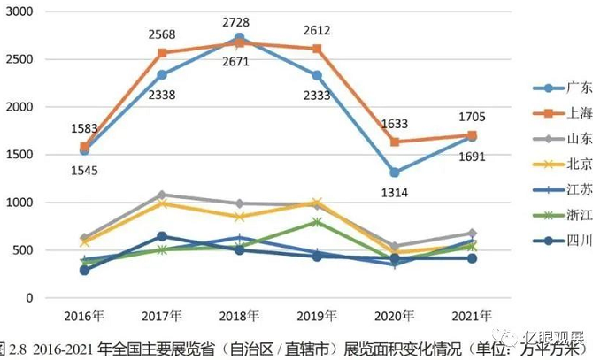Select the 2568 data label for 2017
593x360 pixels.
tap(162, 34)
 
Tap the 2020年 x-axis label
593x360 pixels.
tap(395, 315)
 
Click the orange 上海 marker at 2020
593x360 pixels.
tap(395, 142)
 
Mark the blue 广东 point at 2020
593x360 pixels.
tap(395, 172)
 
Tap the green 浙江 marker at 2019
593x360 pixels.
tap(318, 222)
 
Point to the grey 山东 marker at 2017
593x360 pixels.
tap(162, 195)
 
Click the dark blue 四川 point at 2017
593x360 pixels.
tap(162, 236)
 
